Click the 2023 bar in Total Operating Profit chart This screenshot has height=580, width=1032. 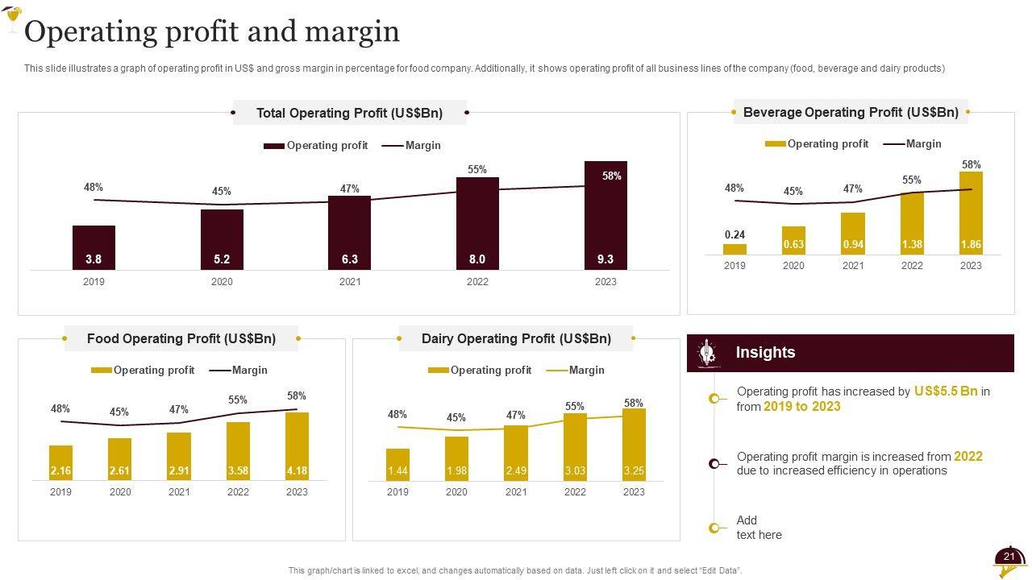[x=605, y=215]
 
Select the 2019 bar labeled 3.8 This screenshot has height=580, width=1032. [x=94, y=247]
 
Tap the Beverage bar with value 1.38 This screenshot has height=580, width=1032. [x=912, y=223]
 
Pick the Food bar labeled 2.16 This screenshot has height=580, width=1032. [x=60, y=462]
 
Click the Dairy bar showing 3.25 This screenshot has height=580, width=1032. [x=634, y=445]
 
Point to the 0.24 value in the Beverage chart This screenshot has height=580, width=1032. [x=734, y=235]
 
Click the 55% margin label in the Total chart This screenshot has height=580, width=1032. [x=477, y=170]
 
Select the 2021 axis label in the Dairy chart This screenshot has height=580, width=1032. [x=516, y=492]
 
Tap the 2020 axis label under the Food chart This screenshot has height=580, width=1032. [x=120, y=492]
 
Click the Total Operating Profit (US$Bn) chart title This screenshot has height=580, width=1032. [x=349, y=114]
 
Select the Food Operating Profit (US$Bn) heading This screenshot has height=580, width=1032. [x=181, y=339]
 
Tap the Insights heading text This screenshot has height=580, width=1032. [x=765, y=353]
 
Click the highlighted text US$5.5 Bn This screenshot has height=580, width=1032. [x=946, y=391]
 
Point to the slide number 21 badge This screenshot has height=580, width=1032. [x=1009, y=557]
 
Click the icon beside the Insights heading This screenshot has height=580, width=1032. [x=707, y=353]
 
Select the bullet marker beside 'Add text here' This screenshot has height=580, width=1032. [x=714, y=528]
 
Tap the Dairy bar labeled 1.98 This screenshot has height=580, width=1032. [x=456, y=458]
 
